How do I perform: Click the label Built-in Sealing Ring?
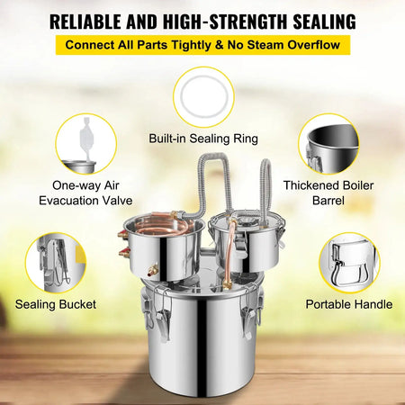(x=202, y=139)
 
